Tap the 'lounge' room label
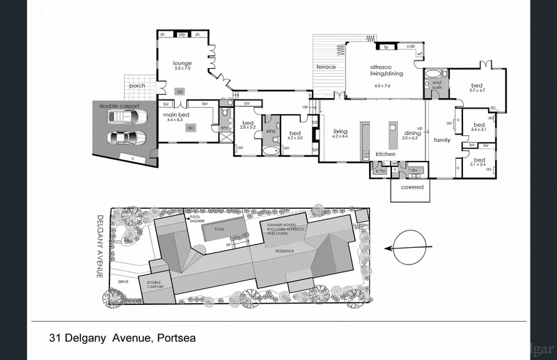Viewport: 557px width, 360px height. pyautogui.click(x=182, y=63)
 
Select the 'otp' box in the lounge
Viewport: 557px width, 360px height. pyautogui.click(x=183, y=35)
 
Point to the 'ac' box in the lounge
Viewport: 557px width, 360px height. pyautogui.click(x=180, y=91)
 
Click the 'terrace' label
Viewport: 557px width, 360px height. pyautogui.click(x=327, y=67)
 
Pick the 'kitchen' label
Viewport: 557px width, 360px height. pyautogui.click(x=386, y=154)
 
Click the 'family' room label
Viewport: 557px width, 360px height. pyautogui.click(x=441, y=139)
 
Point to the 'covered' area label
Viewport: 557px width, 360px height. pyautogui.click(x=411, y=187)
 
